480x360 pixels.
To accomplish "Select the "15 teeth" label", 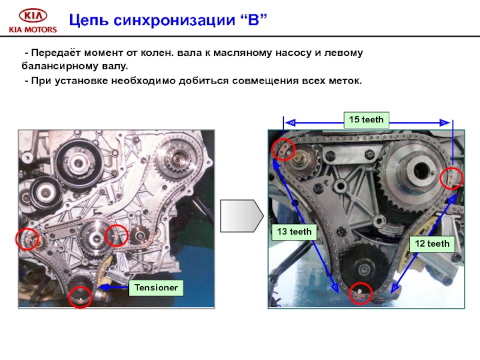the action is (366, 119).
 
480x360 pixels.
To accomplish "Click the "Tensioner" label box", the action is (155, 288).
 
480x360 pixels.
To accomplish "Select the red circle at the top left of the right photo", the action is (283, 149).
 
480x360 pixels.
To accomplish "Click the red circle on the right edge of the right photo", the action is (452, 178).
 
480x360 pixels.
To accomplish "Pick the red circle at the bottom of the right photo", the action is (360, 293).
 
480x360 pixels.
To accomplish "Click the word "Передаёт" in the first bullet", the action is (55, 53).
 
